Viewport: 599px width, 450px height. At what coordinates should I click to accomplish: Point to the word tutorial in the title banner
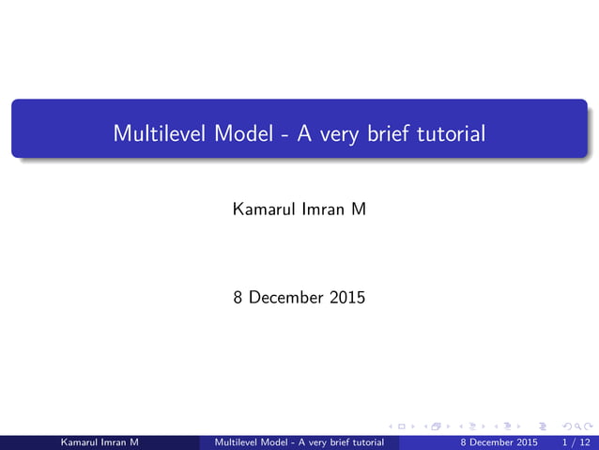point(451,133)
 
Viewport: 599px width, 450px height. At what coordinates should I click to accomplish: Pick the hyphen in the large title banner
point(284,134)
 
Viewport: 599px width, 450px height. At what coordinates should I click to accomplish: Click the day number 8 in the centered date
point(238,298)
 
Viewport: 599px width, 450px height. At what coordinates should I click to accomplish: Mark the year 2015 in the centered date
point(347,298)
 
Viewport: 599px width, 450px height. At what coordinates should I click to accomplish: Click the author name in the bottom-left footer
point(100,442)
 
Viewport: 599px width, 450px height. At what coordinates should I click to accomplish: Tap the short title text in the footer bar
point(299,442)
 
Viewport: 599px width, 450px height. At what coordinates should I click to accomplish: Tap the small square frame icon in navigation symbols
point(402,427)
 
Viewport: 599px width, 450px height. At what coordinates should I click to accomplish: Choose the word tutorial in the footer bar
point(364,442)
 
